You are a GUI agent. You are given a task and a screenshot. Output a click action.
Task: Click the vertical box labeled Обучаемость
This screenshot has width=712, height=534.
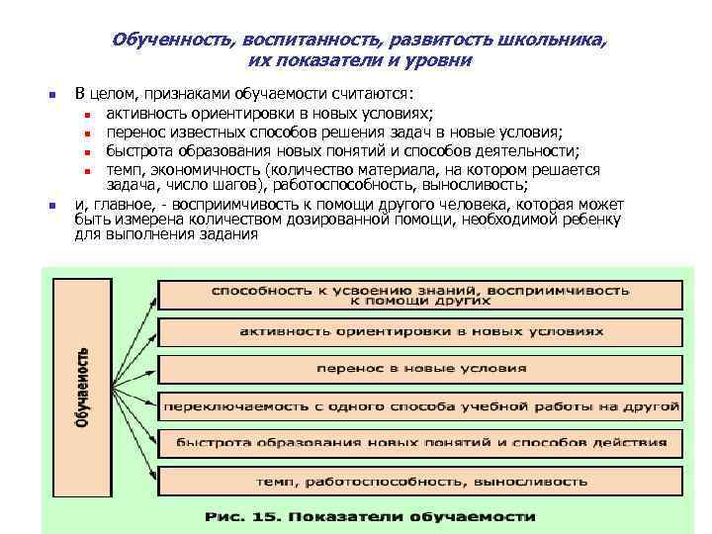[x=83, y=387]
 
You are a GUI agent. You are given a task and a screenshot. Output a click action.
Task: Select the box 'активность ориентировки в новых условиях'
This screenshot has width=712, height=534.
[x=420, y=331]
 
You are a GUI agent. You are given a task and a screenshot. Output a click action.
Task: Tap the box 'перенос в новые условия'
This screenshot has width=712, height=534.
[x=420, y=368]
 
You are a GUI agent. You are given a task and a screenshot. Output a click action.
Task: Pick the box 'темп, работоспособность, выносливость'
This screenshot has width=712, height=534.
[x=420, y=482]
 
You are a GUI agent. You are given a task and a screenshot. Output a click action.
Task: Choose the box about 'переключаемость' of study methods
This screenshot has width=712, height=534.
[x=420, y=405]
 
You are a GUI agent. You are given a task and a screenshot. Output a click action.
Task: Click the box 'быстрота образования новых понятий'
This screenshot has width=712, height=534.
[x=420, y=443]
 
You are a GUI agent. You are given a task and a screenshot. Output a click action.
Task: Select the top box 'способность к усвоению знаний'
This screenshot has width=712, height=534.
[x=420, y=295]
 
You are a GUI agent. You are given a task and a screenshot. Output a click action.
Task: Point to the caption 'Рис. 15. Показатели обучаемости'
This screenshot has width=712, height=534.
[x=370, y=516]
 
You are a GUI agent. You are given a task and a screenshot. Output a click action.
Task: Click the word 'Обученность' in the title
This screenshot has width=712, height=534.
[x=169, y=43]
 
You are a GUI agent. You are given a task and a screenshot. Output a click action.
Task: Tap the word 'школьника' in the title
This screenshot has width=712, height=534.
[x=555, y=43]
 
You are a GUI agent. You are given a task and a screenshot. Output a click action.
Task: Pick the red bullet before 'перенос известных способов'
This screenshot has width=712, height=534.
[x=87, y=133]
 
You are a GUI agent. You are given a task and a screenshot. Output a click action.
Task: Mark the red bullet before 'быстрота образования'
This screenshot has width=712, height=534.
[x=87, y=152]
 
